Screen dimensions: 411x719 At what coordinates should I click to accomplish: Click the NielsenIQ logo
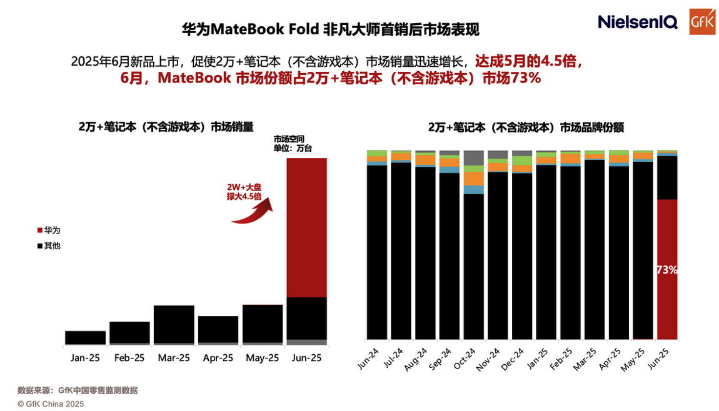[638, 22]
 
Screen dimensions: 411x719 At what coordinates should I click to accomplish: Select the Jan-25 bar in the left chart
[85, 337]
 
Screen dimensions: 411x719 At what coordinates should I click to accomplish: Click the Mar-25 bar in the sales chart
[174, 324]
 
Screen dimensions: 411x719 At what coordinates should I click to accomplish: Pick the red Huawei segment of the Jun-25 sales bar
[307, 227]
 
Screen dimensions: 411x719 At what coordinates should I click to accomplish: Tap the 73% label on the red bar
[667, 270]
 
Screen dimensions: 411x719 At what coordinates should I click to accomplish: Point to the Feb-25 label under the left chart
[129, 358]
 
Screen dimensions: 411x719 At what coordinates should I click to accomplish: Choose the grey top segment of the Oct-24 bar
[474, 157]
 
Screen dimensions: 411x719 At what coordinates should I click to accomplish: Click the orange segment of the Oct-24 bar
[474, 179]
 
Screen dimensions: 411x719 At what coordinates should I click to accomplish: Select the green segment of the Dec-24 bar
[522, 161]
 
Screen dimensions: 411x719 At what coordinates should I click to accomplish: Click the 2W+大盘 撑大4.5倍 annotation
[244, 191]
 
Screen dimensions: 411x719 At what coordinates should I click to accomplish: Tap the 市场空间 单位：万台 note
[293, 144]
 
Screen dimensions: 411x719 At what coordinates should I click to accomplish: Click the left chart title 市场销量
[166, 126]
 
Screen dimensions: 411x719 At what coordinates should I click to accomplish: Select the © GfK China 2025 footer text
[51, 404]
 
